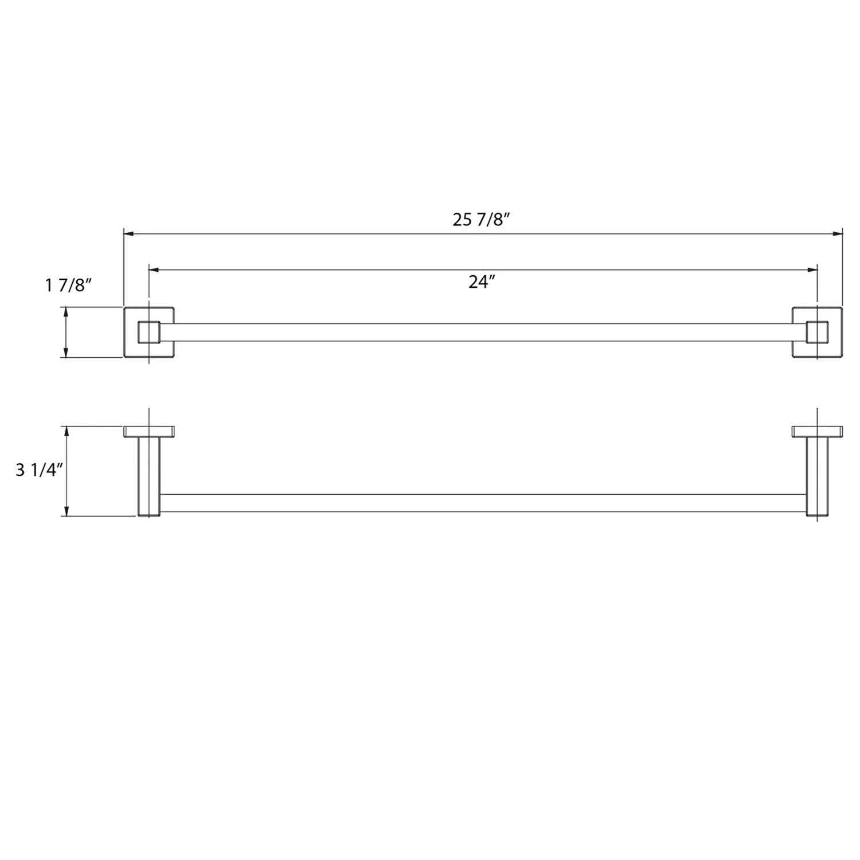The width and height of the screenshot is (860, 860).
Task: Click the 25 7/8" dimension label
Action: click(481, 220)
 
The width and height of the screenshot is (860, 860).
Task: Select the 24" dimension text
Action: click(481, 282)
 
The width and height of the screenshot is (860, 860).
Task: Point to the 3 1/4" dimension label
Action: click(38, 470)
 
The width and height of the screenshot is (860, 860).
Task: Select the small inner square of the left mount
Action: click(149, 333)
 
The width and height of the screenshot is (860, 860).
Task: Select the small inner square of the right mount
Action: click(816, 333)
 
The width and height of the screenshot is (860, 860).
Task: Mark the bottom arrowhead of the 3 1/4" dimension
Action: click(67, 511)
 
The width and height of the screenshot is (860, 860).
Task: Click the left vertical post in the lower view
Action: click(148, 476)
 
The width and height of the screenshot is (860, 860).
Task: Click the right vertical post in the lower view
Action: click(816, 476)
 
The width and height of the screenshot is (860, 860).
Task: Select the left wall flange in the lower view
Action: click(149, 432)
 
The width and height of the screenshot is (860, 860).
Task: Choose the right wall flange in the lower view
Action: click(816, 432)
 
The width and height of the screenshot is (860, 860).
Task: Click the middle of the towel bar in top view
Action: click(482, 333)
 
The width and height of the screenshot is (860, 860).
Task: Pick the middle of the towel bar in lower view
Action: click(482, 503)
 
